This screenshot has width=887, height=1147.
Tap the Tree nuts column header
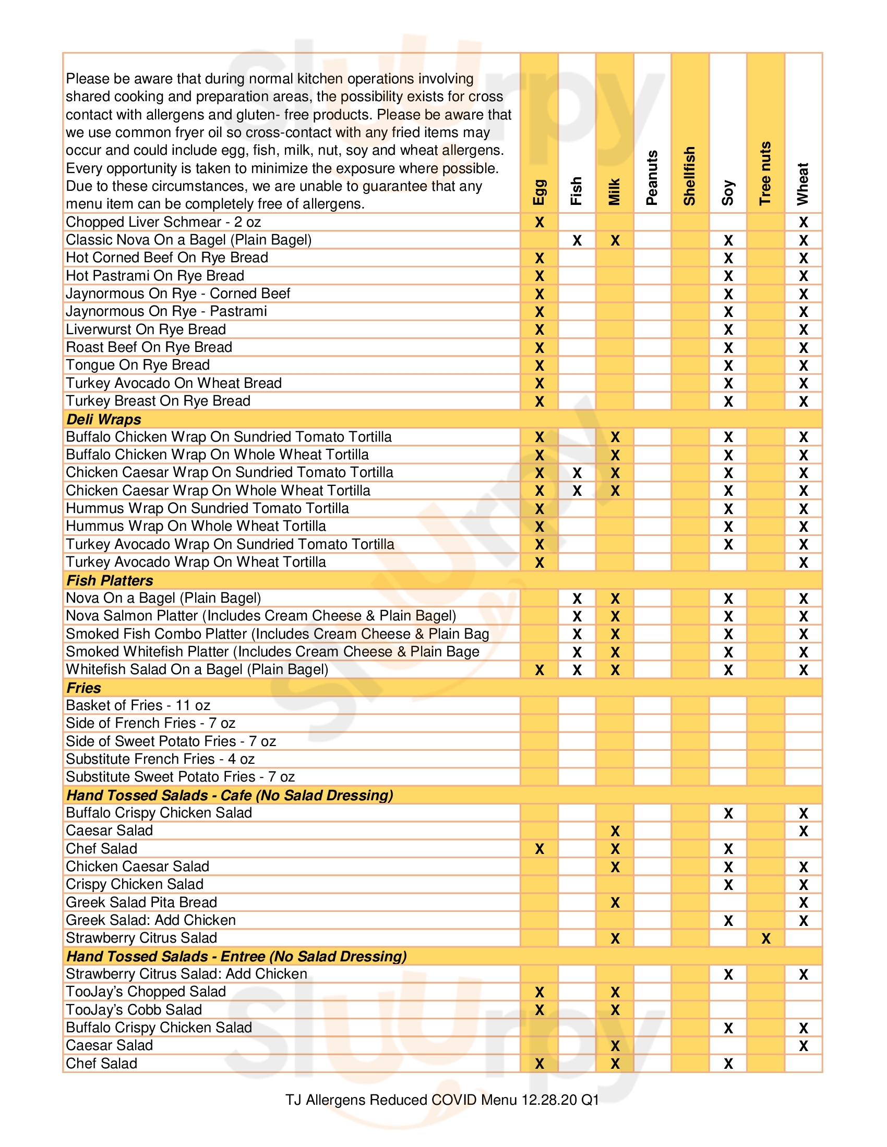765,173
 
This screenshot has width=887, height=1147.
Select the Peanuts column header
652,177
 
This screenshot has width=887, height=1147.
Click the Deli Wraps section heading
103,419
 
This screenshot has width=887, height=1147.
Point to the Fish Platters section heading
109,580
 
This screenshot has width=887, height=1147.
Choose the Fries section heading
83,688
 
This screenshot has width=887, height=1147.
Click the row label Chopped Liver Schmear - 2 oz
163,222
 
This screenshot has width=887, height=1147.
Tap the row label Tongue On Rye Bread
138,365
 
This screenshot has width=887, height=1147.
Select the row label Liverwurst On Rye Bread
146,330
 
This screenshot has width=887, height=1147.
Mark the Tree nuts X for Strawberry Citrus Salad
765,938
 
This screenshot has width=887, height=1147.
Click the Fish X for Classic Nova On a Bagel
577,240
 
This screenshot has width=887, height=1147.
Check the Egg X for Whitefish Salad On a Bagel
539,670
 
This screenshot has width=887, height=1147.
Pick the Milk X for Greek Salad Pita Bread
615,903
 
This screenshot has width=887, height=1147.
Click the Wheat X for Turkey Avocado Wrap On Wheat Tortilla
803,563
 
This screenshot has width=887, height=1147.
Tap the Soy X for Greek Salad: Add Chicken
728,921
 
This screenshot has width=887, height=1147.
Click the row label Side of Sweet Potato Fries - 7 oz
171,741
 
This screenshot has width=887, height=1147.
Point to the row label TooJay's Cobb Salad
134,1009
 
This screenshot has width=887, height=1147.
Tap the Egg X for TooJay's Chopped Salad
539,992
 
